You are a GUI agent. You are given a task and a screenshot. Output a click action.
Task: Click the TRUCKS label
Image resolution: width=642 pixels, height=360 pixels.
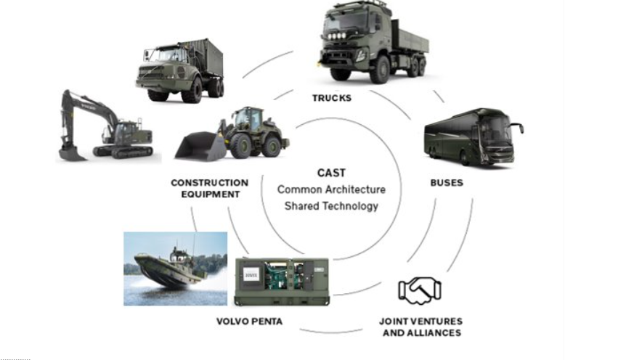(x=331, y=97)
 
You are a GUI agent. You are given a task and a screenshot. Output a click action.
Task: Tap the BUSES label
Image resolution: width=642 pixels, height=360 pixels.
(x=446, y=183)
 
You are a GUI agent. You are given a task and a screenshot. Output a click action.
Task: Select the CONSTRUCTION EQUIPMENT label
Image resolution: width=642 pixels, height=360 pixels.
(x=209, y=188)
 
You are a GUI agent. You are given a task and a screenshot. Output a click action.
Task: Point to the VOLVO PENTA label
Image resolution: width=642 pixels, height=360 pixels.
(x=249, y=321)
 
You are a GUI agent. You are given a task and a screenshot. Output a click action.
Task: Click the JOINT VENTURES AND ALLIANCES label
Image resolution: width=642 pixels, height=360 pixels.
(x=421, y=327)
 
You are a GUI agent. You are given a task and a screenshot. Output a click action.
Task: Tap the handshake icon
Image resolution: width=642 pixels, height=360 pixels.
(x=419, y=290)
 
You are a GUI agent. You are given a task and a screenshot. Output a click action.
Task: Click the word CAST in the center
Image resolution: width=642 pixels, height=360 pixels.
(x=331, y=173)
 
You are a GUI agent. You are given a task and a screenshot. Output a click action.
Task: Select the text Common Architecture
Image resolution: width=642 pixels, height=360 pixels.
(x=331, y=189)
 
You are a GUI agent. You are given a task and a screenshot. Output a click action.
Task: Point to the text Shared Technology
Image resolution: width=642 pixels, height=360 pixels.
(x=331, y=206)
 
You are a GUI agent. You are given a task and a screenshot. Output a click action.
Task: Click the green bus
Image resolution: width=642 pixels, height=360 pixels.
(x=471, y=138)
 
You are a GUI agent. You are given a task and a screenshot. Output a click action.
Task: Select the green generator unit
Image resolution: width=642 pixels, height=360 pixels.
(x=281, y=281)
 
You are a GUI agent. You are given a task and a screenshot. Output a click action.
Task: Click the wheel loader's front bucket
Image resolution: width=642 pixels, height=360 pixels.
(x=198, y=147)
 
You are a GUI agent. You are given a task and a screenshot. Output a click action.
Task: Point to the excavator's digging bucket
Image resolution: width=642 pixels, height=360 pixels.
(x=71, y=152)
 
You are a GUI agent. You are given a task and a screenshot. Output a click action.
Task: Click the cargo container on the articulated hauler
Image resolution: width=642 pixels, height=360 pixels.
(x=199, y=58)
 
